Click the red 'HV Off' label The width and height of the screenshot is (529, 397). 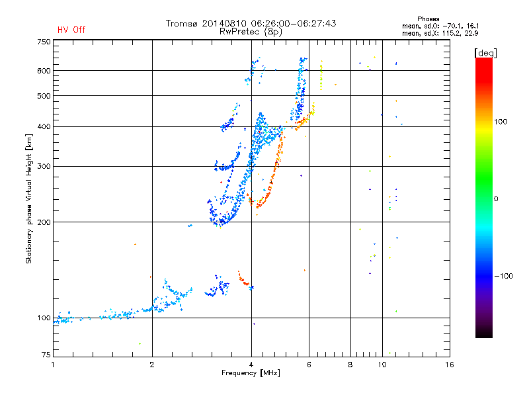71,30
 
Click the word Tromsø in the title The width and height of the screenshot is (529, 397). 182,23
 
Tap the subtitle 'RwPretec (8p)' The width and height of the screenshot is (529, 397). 251,32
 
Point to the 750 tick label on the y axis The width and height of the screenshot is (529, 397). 44,42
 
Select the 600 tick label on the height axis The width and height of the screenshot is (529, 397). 44,71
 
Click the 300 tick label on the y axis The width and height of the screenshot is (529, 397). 44,167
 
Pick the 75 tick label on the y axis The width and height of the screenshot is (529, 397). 46,355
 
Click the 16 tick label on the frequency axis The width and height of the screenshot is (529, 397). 450,365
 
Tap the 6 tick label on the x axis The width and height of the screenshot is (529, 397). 309,365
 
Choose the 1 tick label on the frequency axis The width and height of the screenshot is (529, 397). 53,365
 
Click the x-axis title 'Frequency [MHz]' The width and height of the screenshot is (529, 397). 251,373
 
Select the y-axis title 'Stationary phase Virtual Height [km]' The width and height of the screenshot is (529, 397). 29,198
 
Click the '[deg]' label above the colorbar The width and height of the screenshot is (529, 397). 485,53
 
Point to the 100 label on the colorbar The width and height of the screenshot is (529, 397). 501,122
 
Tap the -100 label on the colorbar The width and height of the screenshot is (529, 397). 503,276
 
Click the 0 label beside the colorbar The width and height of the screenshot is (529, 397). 496,199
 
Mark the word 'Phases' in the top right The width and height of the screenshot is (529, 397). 428,19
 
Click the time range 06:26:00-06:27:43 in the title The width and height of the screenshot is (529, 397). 294,23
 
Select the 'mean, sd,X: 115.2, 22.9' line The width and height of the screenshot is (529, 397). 440,34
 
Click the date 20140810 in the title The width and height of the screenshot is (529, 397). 224,23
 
